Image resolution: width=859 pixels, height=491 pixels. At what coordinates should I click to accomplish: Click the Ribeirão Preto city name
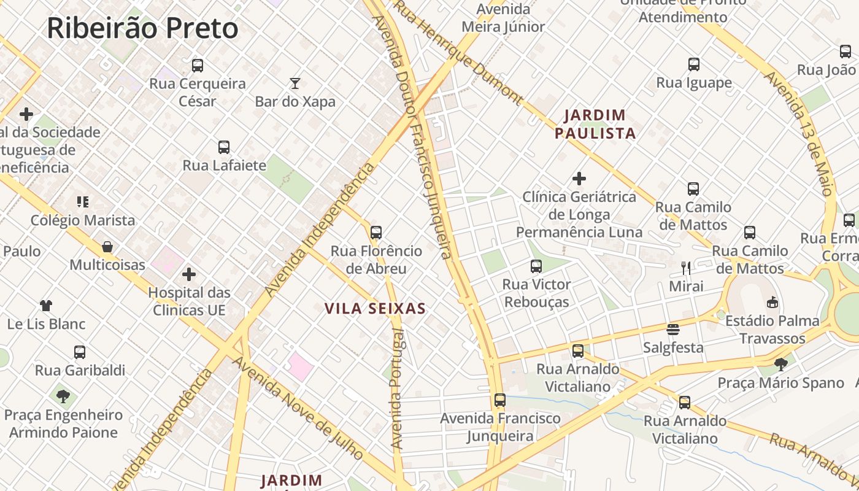[x=142, y=29]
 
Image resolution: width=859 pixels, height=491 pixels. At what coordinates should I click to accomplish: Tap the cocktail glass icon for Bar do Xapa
[x=295, y=83]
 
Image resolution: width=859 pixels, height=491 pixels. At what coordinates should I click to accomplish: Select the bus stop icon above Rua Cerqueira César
[x=197, y=66]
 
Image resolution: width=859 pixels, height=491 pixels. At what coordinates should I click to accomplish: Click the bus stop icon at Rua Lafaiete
[x=224, y=147]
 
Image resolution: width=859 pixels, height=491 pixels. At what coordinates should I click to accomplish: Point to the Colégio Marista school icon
[x=83, y=202]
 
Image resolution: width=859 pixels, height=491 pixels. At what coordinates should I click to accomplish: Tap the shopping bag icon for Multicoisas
[x=107, y=247]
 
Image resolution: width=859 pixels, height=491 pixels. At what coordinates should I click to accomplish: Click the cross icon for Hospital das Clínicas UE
[x=189, y=274]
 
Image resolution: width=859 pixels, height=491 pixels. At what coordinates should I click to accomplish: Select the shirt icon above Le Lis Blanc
[x=46, y=306]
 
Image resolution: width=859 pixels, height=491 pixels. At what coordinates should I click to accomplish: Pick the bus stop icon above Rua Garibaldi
[x=80, y=352]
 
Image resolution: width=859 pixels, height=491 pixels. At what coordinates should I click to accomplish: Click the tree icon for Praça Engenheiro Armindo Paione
[x=63, y=396]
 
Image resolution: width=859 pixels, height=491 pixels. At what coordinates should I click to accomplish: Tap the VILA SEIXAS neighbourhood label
[x=375, y=309]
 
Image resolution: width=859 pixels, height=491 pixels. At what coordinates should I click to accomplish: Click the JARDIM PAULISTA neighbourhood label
[x=595, y=124]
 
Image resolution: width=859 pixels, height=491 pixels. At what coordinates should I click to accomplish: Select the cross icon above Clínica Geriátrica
[x=579, y=179]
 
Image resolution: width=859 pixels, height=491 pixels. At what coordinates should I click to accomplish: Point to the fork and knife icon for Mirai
[x=686, y=268]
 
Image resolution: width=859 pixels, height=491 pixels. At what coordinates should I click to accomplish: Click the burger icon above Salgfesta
[x=673, y=330]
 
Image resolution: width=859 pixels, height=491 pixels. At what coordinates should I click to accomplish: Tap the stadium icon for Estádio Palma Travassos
[x=772, y=302]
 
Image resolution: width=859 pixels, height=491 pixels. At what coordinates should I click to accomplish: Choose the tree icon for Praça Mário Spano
[x=781, y=365]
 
